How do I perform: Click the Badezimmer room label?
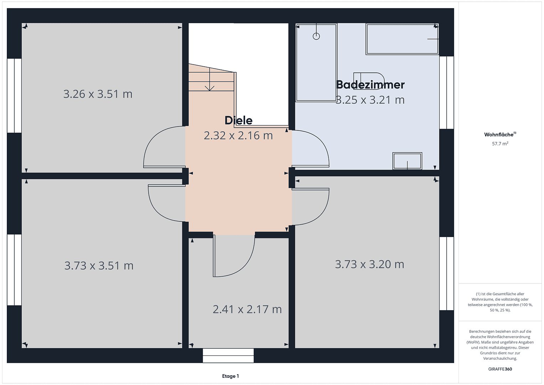coord(370,85)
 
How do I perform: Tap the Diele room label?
coord(238,120)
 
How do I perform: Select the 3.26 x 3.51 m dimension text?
coord(98,94)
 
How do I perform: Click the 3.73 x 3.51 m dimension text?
coord(99,266)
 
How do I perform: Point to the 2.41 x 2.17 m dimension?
coord(247,309)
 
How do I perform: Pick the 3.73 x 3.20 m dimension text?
coord(369,265)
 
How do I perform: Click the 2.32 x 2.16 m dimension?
coord(238,136)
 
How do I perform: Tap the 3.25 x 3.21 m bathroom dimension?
coord(370,100)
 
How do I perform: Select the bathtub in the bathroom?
coord(402,39)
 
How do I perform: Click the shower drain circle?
coord(316,36)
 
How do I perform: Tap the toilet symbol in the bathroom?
coord(369,81)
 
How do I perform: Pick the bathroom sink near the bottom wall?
coord(407,161)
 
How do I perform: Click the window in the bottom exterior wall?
coord(228,355)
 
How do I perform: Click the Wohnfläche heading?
coord(499,135)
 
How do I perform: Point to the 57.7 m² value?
coord(500,144)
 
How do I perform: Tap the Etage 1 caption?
coord(230,376)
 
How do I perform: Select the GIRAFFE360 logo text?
coord(500,369)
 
